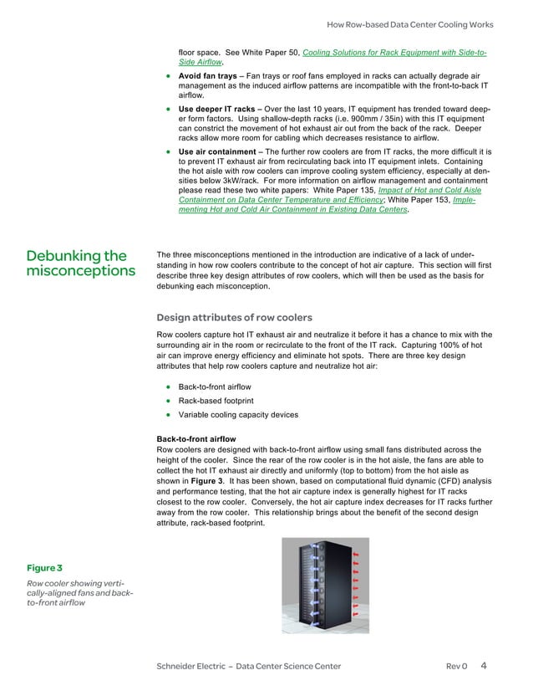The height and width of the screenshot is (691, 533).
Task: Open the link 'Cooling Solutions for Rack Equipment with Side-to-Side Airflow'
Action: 394,53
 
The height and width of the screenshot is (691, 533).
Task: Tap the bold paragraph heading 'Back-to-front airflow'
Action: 196,439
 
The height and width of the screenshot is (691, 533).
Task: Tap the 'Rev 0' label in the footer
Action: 456,666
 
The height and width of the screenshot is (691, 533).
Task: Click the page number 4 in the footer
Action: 485,666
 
